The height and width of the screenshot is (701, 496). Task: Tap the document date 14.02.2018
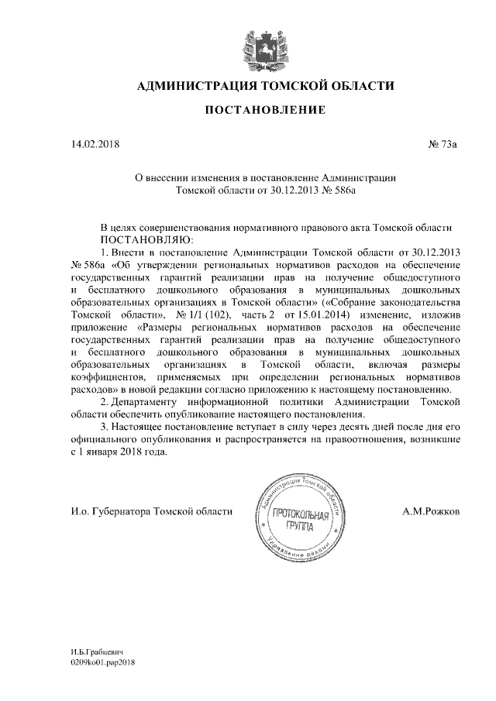[x=91, y=144]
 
